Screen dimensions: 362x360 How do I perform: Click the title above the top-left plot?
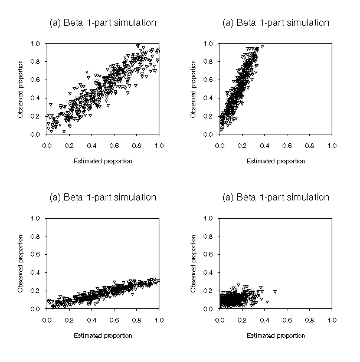102,23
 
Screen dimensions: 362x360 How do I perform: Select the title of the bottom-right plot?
275,197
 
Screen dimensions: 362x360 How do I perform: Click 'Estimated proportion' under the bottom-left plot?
103,335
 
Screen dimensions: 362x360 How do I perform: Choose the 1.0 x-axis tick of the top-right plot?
331,144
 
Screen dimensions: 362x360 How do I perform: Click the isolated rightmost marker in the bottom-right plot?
275,291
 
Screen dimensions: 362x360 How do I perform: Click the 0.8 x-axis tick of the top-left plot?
136,144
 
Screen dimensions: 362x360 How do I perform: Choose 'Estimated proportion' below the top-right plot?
276,161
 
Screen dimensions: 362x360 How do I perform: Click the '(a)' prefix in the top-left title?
55,23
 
